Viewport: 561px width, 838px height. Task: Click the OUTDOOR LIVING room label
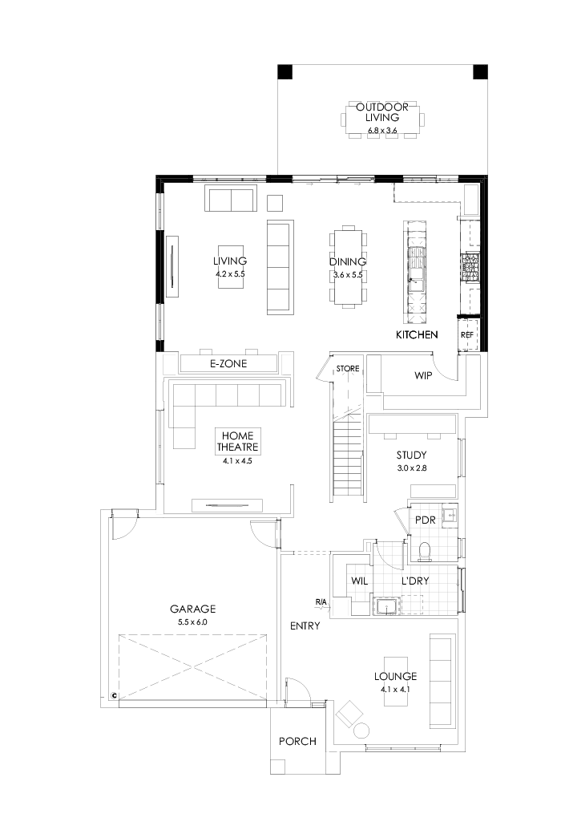click(x=382, y=111)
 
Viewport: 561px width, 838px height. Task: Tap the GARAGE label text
click(x=192, y=609)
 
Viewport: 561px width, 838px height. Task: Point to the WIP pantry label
click(x=423, y=375)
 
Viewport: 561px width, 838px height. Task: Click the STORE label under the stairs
click(x=348, y=369)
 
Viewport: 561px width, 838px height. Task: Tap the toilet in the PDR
click(x=425, y=551)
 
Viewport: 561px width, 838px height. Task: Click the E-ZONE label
click(x=228, y=364)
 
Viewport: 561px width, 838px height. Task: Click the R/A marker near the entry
click(x=321, y=601)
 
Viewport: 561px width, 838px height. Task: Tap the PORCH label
click(x=297, y=742)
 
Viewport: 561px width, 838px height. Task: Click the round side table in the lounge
click(x=361, y=731)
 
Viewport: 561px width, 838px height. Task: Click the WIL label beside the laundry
click(x=359, y=581)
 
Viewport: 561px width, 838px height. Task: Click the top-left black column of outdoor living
click(x=285, y=72)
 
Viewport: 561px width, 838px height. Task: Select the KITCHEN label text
click(x=417, y=334)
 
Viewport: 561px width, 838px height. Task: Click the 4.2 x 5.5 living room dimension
click(x=229, y=274)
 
